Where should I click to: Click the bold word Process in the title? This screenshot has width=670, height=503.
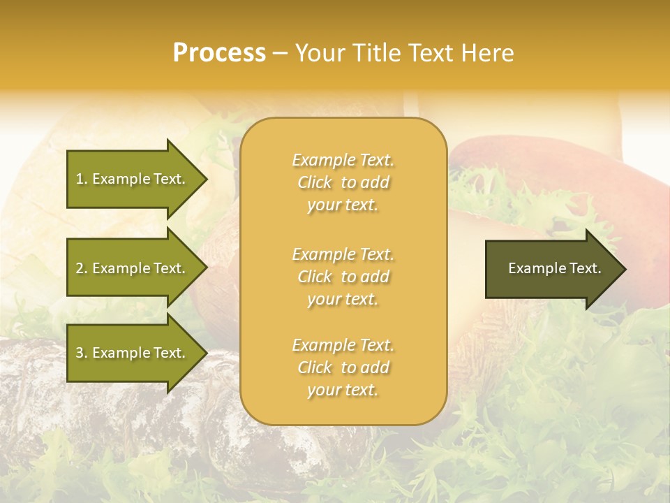(x=219, y=53)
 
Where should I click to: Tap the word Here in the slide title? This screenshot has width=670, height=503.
(x=487, y=53)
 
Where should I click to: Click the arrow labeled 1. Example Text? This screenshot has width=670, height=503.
(x=133, y=179)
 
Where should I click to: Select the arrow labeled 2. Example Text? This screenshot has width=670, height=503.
(x=133, y=268)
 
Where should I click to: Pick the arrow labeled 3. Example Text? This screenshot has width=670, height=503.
(x=133, y=353)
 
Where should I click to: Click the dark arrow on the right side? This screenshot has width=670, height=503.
(x=551, y=269)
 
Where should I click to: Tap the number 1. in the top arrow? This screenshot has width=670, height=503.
(x=82, y=179)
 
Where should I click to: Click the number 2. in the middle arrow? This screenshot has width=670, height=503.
(x=82, y=268)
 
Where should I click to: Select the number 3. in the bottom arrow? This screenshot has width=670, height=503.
(x=82, y=353)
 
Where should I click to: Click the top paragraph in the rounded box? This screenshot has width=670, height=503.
(x=343, y=182)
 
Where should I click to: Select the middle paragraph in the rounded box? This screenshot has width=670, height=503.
(x=343, y=277)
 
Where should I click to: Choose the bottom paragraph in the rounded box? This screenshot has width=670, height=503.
(x=343, y=367)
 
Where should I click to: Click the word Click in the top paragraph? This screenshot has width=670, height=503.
(x=315, y=182)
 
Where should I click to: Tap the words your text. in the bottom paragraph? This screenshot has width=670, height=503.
(x=343, y=390)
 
